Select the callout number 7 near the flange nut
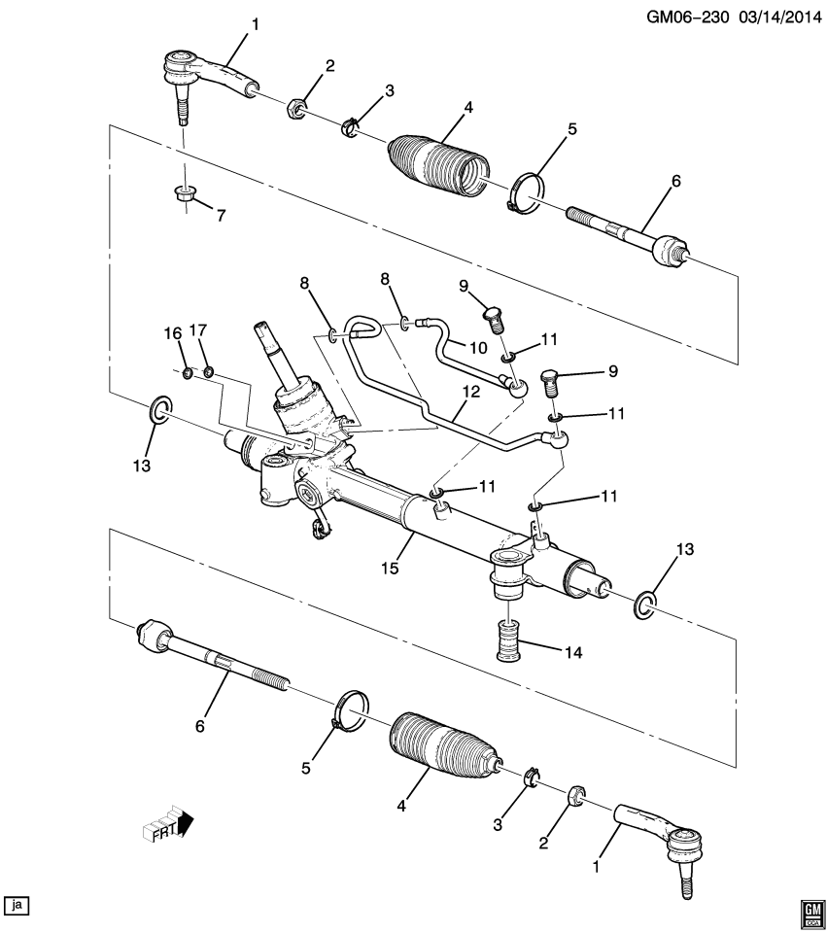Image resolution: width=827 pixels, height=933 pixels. point(222,216)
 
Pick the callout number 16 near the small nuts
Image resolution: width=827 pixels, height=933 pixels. point(173,332)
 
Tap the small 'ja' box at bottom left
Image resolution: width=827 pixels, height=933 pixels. point(17,905)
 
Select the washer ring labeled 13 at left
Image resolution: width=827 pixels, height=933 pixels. point(159,409)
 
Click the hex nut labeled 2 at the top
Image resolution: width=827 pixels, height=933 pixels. point(297,106)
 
